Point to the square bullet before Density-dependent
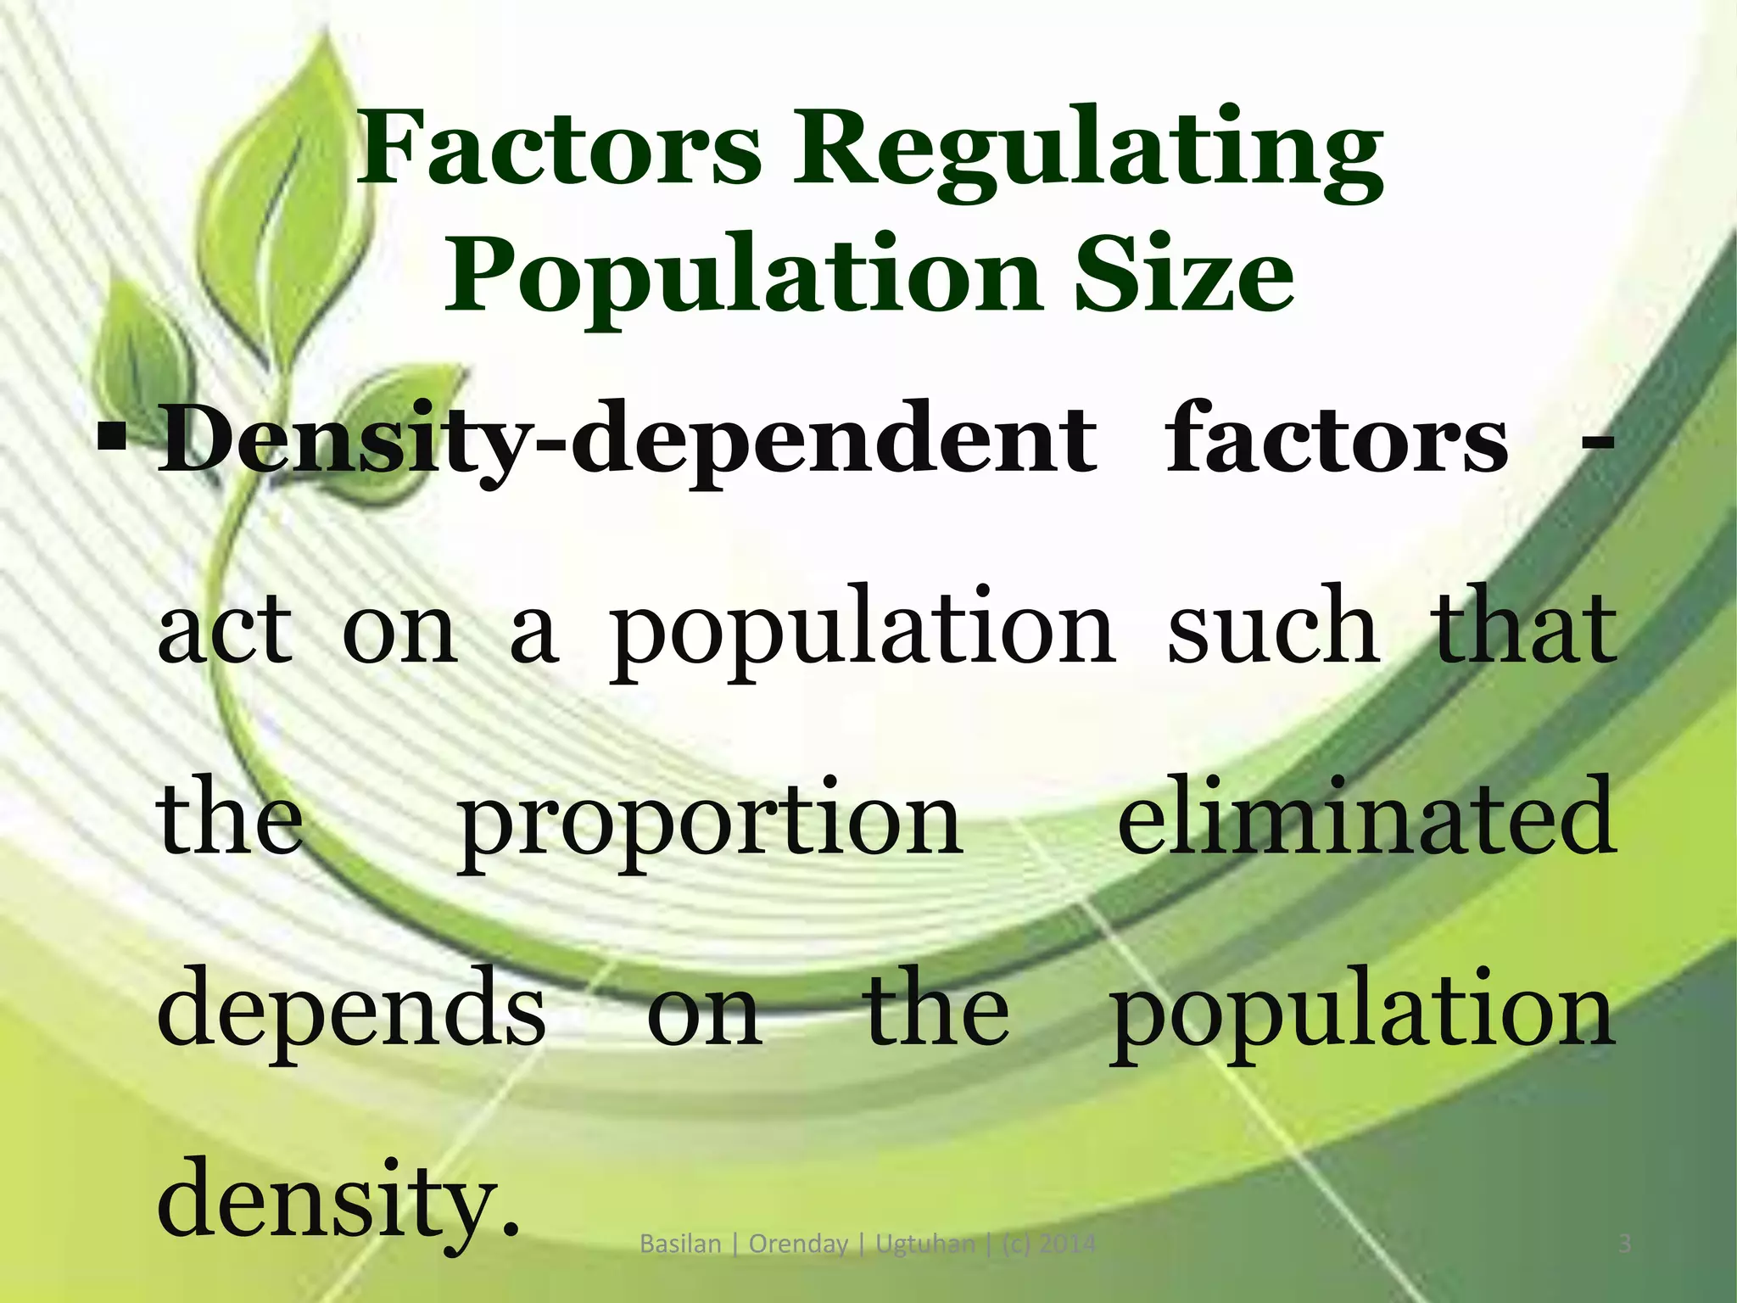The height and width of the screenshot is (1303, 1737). coord(111,439)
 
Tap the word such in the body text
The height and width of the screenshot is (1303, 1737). coord(1272,628)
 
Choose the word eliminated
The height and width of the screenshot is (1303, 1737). coord(1365,816)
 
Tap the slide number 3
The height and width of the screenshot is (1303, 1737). coord(1624,1244)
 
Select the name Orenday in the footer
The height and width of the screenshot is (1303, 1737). coord(798,1245)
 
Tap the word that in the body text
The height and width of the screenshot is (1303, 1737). coord(1522,628)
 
